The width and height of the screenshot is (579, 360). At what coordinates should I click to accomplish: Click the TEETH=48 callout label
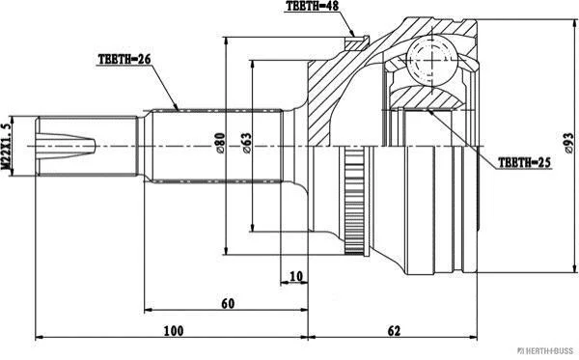[x=312, y=6]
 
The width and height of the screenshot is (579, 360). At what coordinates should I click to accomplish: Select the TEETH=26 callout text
[x=124, y=59]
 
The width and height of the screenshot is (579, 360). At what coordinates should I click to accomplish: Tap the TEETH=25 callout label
[x=524, y=162]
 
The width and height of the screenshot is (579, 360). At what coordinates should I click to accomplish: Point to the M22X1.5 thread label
[x=6, y=146]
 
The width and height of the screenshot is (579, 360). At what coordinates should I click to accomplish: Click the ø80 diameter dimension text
[x=220, y=143]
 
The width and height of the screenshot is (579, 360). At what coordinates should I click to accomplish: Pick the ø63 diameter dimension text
[x=247, y=143]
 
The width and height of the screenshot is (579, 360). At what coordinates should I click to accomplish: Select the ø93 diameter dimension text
[x=569, y=143]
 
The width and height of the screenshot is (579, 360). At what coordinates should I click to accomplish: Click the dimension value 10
[x=296, y=276]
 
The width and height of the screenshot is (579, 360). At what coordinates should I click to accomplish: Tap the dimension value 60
[x=228, y=303]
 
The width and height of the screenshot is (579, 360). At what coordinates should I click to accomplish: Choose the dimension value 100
[x=173, y=330]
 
